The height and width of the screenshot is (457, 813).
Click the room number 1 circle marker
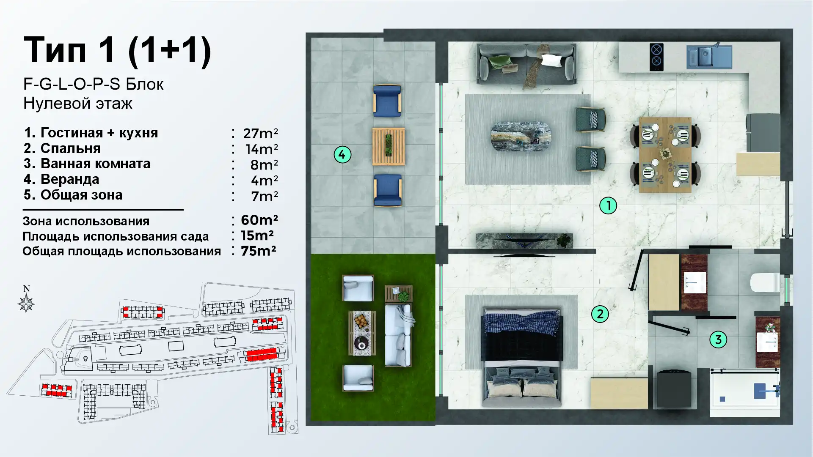tap(608, 206)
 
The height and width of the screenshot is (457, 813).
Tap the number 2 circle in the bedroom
tap(600, 314)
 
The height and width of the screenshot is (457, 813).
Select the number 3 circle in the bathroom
tap(718, 339)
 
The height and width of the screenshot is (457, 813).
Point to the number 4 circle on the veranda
tap(342, 154)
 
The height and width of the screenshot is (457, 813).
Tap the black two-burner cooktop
tap(656, 57)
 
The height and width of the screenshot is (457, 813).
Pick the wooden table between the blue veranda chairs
tap(389, 146)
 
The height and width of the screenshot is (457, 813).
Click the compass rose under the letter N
tap(26, 304)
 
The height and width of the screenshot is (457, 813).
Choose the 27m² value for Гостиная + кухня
tap(260, 134)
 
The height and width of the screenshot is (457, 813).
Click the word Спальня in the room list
tap(70, 148)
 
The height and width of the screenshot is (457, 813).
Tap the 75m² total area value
tap(259, 251)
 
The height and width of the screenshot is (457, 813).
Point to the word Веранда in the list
tap(70, 179)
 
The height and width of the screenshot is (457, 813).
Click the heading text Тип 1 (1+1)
tap(117, 50)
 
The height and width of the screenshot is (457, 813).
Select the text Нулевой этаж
tap(78, 104)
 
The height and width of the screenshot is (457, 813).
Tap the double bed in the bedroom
tap(522, 358)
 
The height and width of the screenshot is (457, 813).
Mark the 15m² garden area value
tap(257, 235)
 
